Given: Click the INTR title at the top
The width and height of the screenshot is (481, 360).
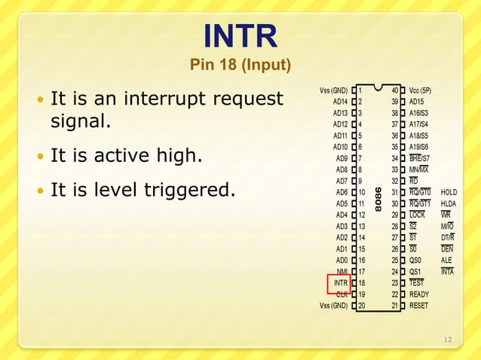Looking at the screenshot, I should [240, 35].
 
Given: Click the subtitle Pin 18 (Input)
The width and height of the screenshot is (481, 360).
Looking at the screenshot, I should [240, 66].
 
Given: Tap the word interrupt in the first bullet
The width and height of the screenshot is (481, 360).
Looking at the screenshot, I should [175, 99].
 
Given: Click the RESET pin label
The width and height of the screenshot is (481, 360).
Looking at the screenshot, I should [418, 306].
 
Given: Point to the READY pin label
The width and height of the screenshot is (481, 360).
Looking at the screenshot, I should [419, 294].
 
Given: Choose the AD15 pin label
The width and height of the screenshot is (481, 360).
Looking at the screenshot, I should [418, 102].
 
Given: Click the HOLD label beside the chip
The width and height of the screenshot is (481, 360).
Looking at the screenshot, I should [449, 192].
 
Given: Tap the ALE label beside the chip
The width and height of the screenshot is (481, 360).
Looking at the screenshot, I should [446, 260].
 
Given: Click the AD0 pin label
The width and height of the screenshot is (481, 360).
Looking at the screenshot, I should [340, 260].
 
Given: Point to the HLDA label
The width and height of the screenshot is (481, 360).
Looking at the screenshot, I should [449, 203].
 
